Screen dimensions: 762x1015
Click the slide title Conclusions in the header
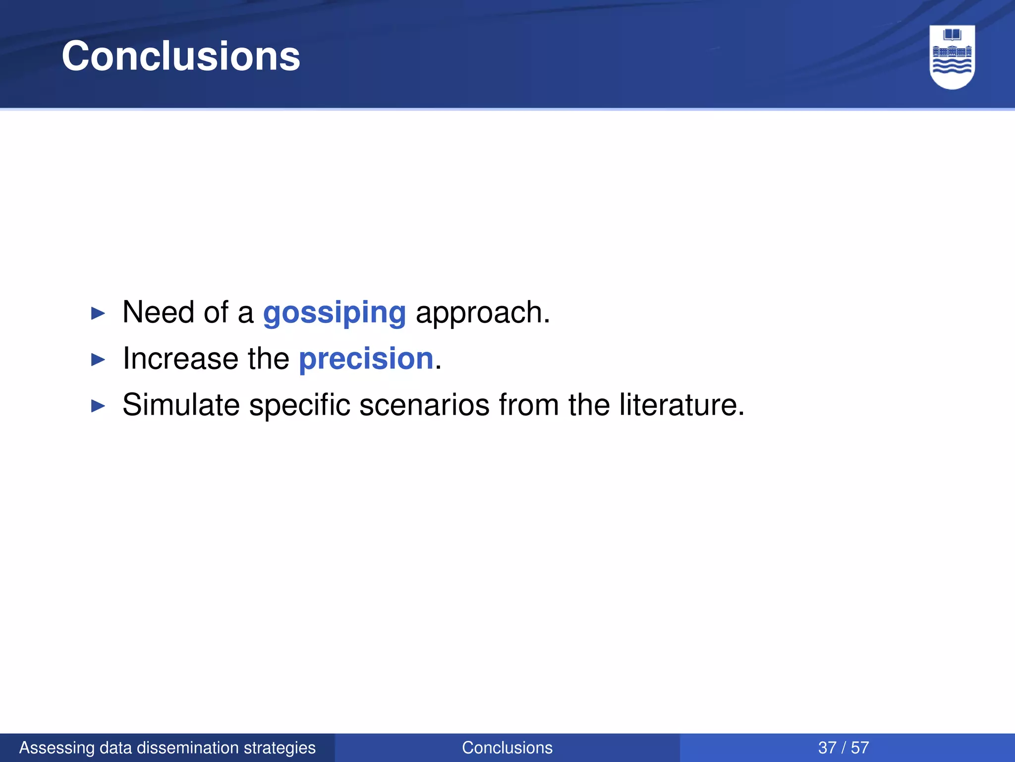(x=181, y=56)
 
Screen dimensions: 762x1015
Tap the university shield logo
(x=952, y=57)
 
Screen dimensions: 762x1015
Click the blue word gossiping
(x=335, y=313)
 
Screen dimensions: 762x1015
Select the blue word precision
(x=366, y=359)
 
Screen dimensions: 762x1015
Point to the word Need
(x=158, y=313)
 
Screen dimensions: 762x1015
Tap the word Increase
(x=181, y=359)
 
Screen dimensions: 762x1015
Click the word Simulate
(x=181, y=405)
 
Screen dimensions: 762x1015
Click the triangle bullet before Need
(x=99, y=314)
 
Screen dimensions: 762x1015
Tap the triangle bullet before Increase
(x=99, y=360)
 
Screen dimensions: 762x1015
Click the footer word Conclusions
(x=507, y=748)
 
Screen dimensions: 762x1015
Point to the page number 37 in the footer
(x=827, y=748)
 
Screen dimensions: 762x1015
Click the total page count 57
(x=860, y=748)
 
